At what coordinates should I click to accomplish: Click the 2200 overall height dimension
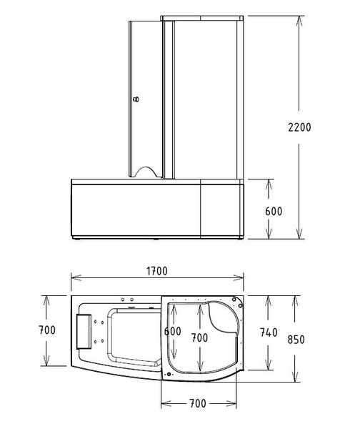point(299,127)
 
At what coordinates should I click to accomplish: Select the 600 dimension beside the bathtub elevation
point(274,212)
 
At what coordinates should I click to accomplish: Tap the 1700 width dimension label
point(157,271)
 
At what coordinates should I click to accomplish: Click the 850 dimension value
point(296,340)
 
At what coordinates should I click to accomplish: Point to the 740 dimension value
point(269,332)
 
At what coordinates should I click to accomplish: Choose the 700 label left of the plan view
point(47,330)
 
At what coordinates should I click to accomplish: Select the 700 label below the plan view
point(198,403)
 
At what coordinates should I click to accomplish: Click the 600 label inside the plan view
point(172,332)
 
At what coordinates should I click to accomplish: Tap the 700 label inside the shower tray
point(199,338)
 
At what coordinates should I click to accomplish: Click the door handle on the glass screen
point(136,99)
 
